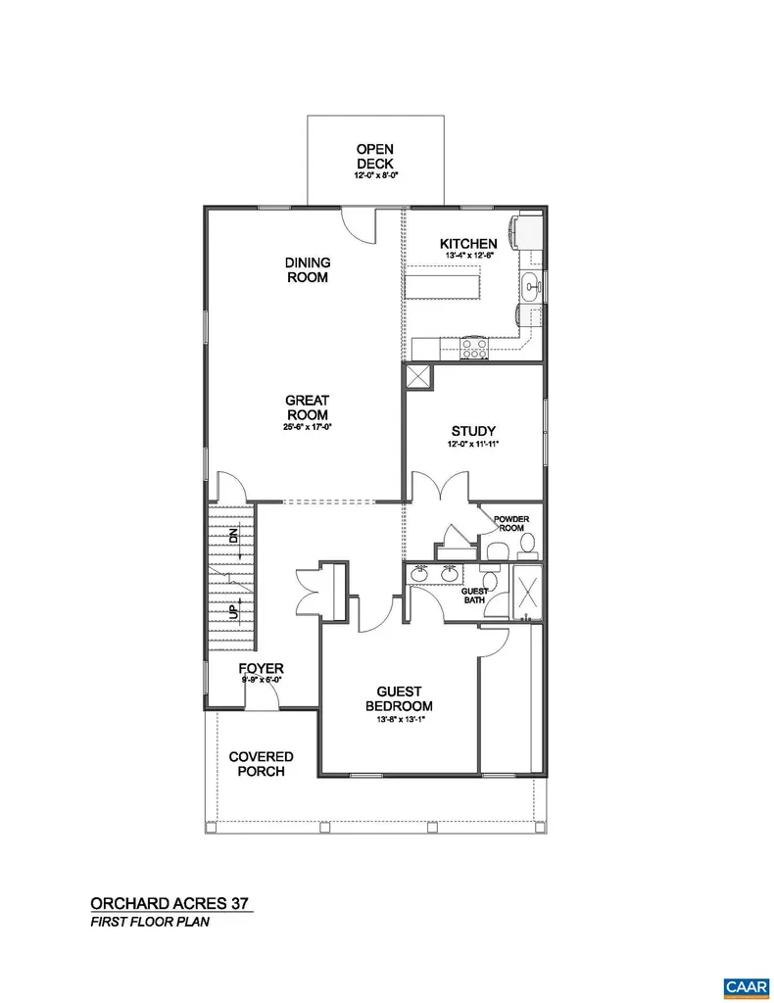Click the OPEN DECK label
coord(375,157)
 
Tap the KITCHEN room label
coord(468,244)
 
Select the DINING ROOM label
coord(308,269)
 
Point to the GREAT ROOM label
coord(308,407)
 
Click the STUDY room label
coord(473,431)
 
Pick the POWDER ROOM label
coord(510,523)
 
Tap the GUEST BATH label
coord(475,596)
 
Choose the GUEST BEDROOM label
coord(399,698)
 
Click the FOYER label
coord(262,670)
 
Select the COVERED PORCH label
coord(261,764)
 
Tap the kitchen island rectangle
coord(448,287)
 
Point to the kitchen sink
coord(530,287)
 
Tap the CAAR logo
coord(740,985)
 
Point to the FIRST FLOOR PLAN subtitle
coord(149,923)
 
